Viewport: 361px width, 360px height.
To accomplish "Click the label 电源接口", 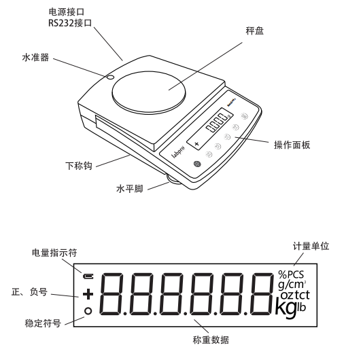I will click(68, 12).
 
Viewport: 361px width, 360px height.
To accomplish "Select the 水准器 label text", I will click(34, 60).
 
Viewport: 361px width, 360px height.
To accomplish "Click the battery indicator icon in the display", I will click(87, 276).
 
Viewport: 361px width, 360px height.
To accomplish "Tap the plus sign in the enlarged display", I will click(87, 294).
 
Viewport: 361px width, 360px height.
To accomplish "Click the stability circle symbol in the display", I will click(87, 312).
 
